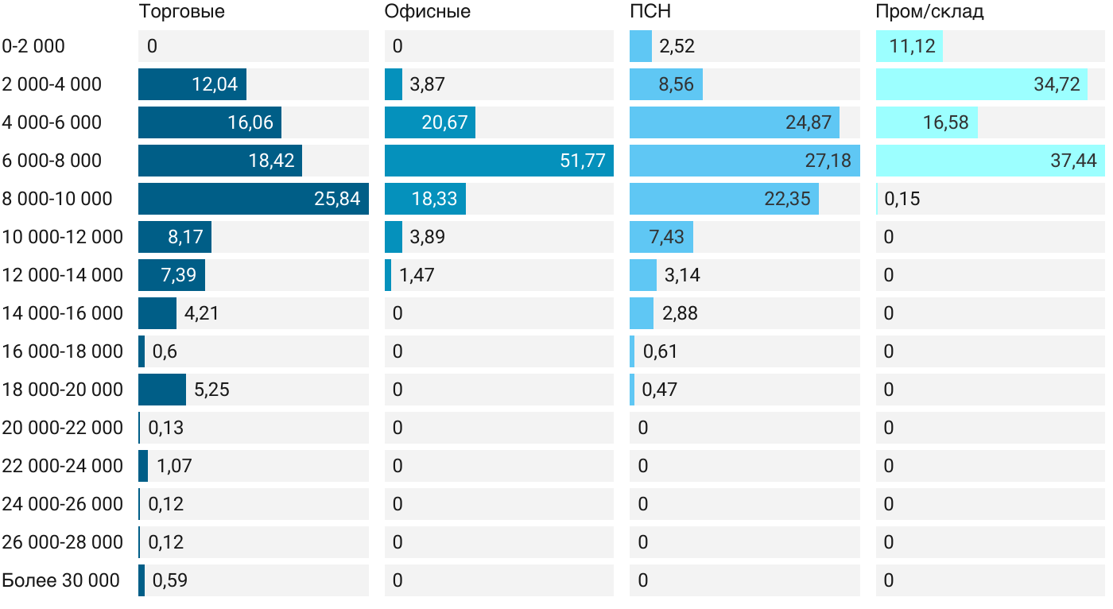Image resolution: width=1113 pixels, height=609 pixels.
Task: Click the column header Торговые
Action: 181,12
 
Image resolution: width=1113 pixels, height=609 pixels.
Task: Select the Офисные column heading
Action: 427,12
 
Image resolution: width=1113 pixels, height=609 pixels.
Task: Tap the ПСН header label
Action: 650,12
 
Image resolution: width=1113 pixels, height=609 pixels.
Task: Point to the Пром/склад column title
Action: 929,12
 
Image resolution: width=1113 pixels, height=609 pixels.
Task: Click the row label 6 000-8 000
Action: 52,161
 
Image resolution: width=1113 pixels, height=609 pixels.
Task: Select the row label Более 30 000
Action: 60,580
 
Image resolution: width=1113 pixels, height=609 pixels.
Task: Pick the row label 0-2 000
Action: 33,46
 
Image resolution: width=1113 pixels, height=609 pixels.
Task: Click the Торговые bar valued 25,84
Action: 253,199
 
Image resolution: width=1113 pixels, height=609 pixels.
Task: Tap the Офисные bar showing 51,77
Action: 498,161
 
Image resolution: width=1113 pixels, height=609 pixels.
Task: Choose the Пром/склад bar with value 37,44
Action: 990,161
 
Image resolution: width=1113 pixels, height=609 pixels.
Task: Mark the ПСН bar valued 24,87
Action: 734,122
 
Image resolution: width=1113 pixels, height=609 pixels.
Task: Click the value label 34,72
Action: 1057,84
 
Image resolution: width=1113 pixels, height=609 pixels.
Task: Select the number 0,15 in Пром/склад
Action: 902,199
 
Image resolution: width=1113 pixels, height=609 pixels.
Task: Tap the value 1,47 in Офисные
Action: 417,275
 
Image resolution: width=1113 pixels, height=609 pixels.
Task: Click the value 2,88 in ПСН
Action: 680,313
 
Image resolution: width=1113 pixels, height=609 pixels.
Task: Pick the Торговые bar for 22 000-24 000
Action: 143,466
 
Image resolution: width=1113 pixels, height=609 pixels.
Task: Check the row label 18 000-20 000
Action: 62,390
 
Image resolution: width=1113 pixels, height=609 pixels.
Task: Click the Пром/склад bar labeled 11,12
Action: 909,46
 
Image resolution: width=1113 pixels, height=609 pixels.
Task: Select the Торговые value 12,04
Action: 215,84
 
